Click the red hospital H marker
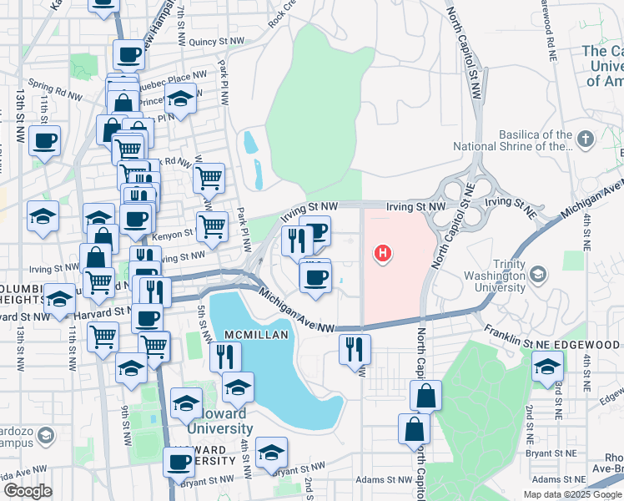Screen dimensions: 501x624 coord(383,251)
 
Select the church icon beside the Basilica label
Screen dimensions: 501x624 coord(586,139)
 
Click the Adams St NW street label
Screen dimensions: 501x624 coord(382,480)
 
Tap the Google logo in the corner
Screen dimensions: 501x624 coord(28,490)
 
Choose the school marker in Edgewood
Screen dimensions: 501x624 coord(547,366)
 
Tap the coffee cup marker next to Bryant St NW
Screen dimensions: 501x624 coord(179,461)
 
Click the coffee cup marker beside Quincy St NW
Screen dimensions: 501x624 coord(128,56)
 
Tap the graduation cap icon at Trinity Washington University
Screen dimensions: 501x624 coord(538,274)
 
